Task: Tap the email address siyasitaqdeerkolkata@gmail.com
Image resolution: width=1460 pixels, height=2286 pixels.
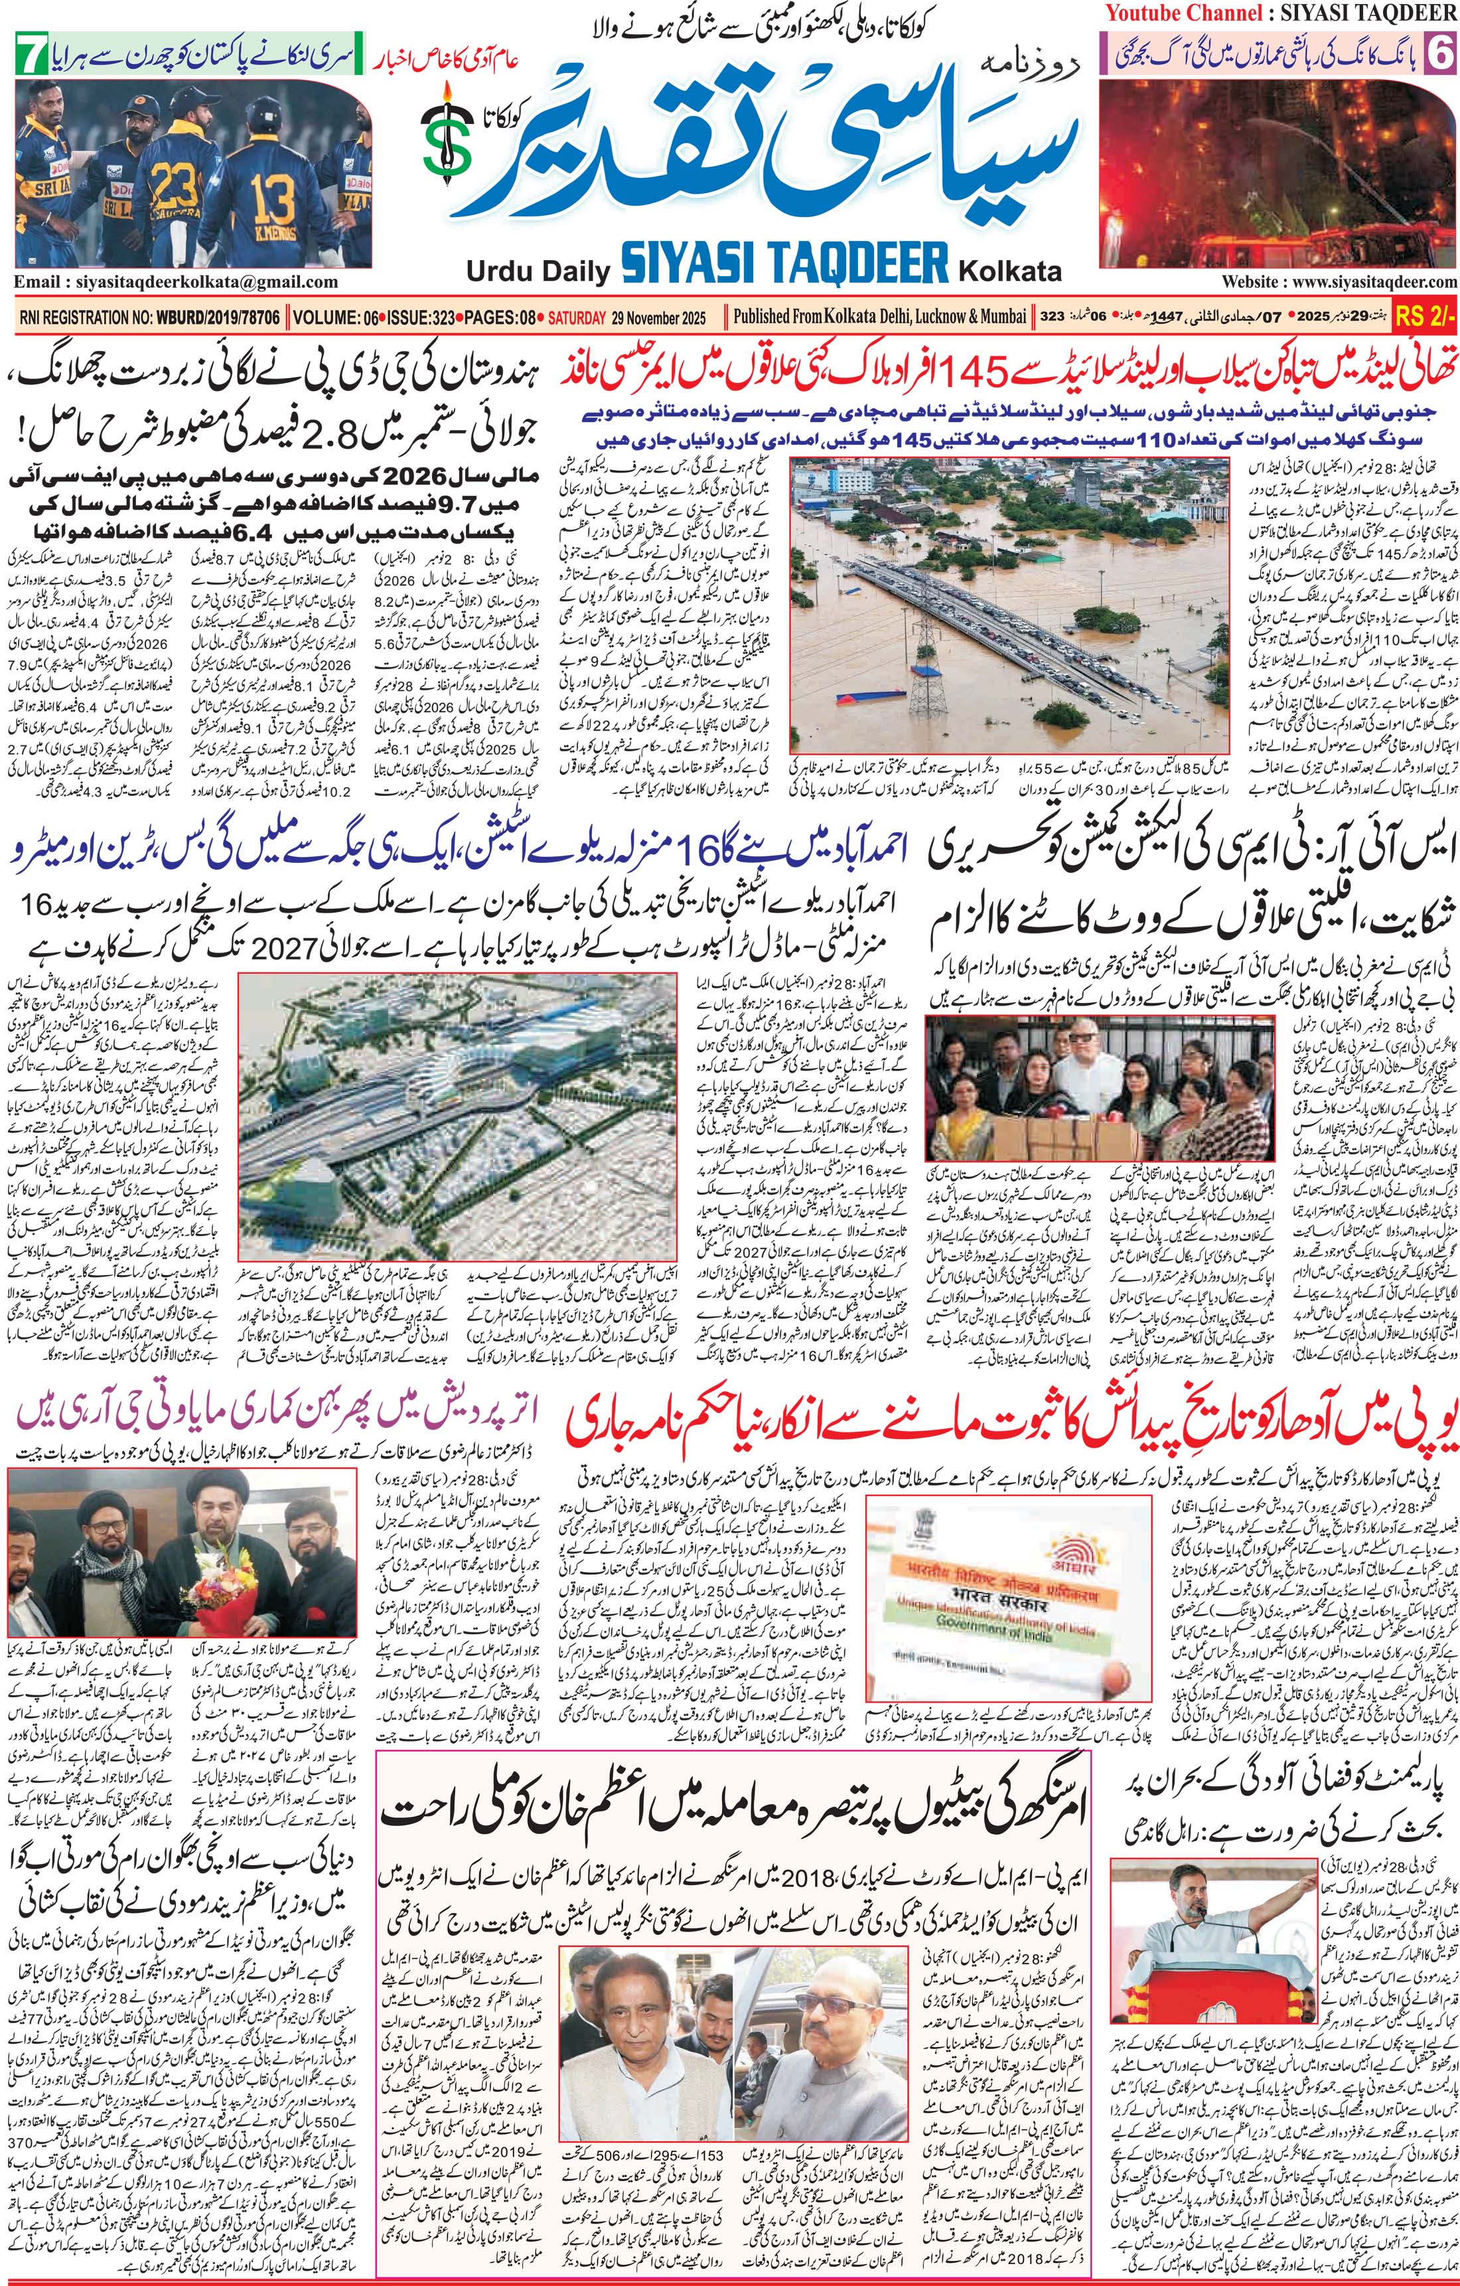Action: [x=177, y=282]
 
